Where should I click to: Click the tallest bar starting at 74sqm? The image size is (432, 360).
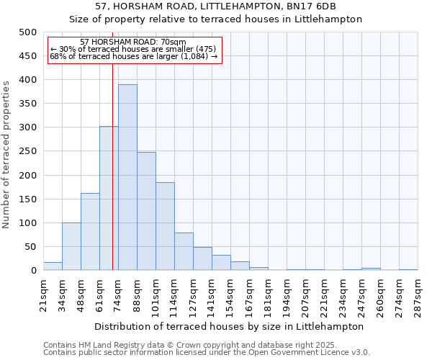click(x=127, y=178)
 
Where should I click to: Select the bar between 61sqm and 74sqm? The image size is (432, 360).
click(x=109, y=199)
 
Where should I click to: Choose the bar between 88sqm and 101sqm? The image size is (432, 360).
click(x=146, y=212)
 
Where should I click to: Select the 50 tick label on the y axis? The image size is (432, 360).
click(x=31, y=247)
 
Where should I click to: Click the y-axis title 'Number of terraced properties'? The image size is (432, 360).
click(x=6, y=154)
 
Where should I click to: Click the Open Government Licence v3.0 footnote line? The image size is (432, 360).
click(x=206, y=352)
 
